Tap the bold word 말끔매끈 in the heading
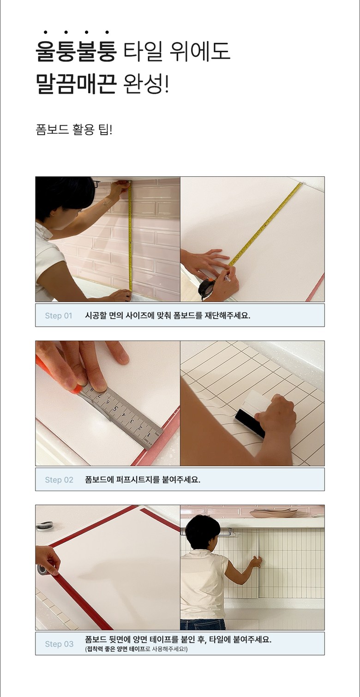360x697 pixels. [76, 84]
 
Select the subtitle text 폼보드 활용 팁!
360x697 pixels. [74, 129]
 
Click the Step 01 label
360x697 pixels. [59, 316]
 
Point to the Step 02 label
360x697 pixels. [59, 480]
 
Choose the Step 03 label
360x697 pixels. [59, 644]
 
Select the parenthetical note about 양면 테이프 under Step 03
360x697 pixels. [136, 649]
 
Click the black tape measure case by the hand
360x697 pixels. [205, 288]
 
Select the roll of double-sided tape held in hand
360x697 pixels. [44, 570]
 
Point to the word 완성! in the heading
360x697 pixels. [146, 84]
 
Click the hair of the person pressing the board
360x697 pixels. [202, 531]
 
